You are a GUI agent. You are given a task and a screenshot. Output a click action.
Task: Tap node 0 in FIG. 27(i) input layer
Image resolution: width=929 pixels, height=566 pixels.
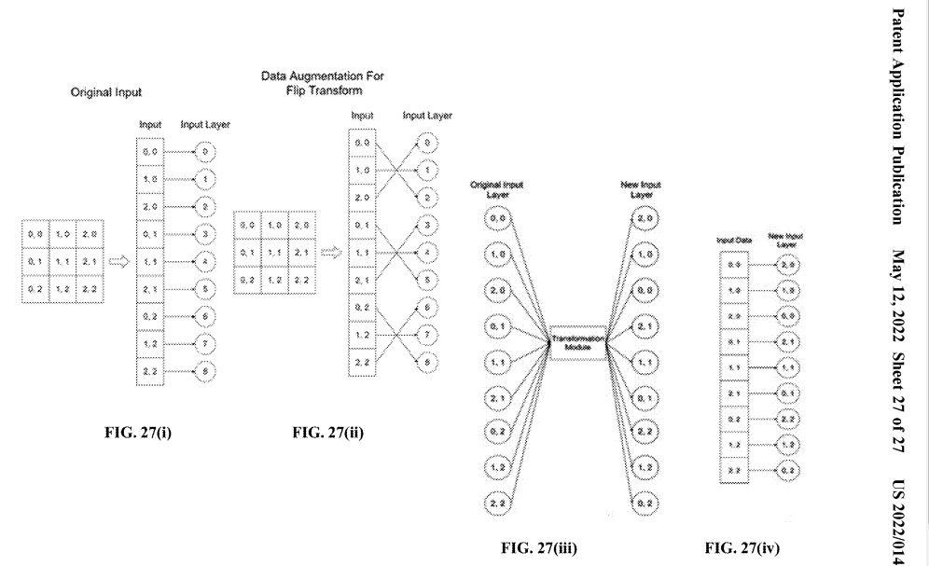(205, 150)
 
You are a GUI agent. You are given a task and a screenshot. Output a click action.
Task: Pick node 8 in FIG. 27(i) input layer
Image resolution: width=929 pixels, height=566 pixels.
(206, 370)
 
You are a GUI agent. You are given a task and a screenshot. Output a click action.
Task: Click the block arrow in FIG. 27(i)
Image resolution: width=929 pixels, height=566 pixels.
(119, 262)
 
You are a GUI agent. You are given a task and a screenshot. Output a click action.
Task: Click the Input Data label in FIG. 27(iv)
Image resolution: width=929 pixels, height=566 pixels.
(733, 242)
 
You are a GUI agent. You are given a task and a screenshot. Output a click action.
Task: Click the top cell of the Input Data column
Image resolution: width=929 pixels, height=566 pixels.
(733, 266)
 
